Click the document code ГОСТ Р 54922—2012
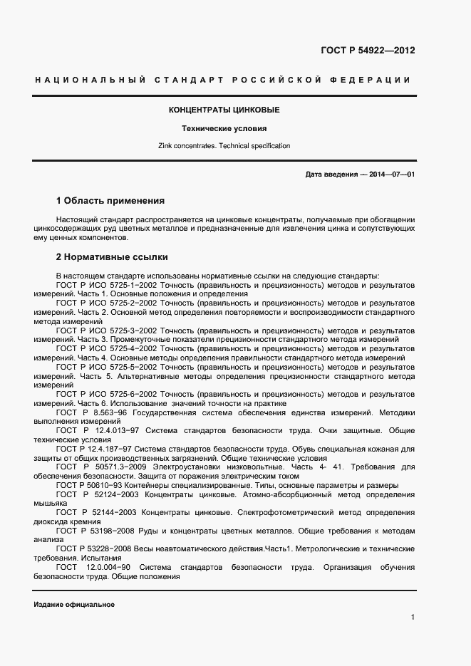pyautogui.click(x=368, y=51)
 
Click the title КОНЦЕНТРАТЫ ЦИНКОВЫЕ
pyautogui.click(x=224, y=110)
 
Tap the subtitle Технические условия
pyautogui.click(x=224, y=129)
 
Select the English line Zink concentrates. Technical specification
pyautogui.click(x=224, y=146)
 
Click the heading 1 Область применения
pyautogui.click(x=110, y=201)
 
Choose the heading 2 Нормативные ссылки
pyautogui.click(x=112, y=256)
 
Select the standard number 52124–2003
pyautogui.click(x=118, y=494)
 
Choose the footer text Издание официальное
pyautogui.click(x=74, y=604)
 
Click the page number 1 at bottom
pyautogui.click(x=413, y=618)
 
